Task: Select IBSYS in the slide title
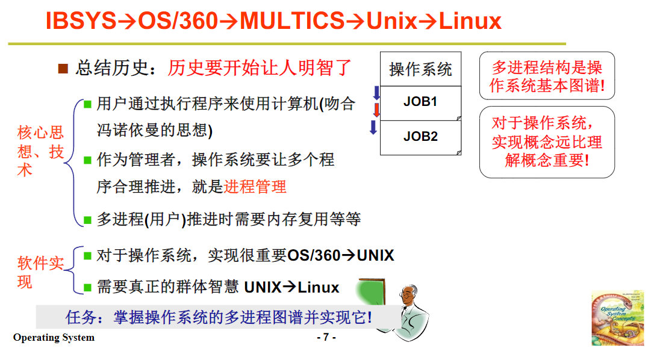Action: click(x=80, y=22)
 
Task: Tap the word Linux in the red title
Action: click(x=470, y=22)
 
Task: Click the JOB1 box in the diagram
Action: click(x=420, y=102)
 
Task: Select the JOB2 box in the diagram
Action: click(x=420, y=137)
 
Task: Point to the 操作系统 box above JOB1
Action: click(x=420, y=69)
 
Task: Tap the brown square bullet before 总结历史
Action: click(x=63, y=68)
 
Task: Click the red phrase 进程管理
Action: click(x=255, y=187)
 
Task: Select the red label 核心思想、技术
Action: click(x=40, y=151)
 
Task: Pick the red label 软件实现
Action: click(x=40, y=272)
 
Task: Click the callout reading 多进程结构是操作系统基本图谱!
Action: click(x=546, y=76)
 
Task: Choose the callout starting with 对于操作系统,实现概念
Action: click(x=546, y=142)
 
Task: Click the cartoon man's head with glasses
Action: click(x=411, y=296)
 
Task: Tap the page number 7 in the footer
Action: click(x=326, y=337)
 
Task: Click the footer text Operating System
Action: click(x=54, y=337)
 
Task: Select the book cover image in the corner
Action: click(x=617, y=317)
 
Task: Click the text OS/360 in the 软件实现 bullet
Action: click(x=314, y=255)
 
